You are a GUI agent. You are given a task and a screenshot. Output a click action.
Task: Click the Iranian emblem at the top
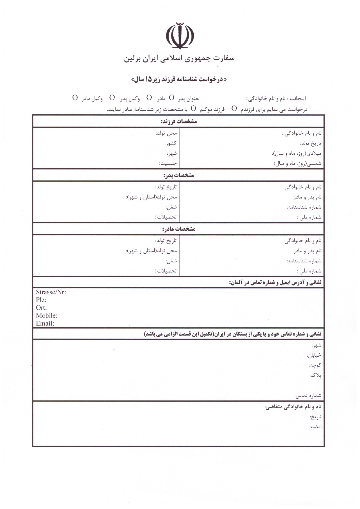[180, 35]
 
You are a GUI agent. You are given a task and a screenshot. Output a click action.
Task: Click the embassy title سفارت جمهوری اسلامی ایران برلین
[179, 59]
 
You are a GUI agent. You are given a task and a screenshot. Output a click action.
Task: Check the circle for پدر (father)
[172, 98]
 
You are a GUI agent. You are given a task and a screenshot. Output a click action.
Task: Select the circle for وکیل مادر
[75, 98]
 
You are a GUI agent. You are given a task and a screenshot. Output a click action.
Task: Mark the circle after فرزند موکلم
[193, 109]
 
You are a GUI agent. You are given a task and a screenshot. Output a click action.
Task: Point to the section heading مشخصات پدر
[179, 175]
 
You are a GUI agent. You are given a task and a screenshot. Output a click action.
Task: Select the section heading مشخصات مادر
[179, 229]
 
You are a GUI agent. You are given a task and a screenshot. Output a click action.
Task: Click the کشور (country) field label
[171, 143]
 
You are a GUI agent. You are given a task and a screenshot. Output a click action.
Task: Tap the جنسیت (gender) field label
[167, 163]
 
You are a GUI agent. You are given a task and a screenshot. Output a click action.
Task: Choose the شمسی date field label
[297, 163]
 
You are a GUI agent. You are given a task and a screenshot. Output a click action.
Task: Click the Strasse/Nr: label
[51, 292]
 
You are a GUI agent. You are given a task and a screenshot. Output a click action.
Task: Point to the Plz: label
[41, 300]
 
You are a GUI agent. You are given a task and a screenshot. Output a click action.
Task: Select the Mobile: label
[47, 316]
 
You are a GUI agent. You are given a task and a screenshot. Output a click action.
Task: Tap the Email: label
[45, 324]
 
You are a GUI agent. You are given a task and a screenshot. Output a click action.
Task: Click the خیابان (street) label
[314, 355]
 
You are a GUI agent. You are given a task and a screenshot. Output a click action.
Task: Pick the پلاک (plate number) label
[315, 376]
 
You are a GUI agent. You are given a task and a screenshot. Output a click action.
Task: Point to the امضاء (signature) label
[315, 427]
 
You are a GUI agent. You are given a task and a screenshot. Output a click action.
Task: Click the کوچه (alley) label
[315, 365]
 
